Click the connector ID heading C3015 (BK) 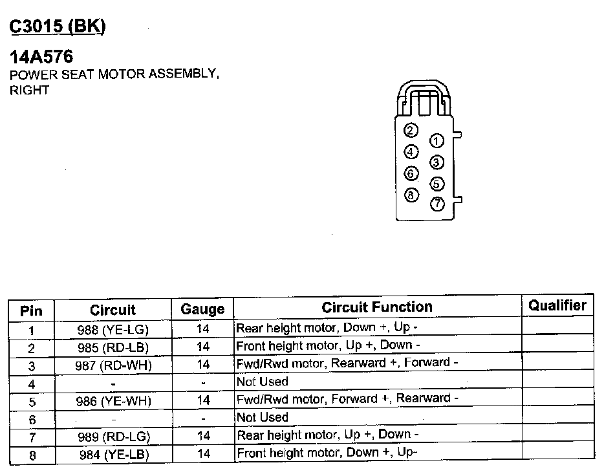(57, 27)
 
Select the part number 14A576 (41, 57)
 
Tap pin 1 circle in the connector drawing (437, 141)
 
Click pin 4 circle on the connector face (411, 152)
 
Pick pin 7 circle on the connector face (437, 204)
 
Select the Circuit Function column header (377, 307)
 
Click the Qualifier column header (557, 306)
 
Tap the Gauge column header (202, 309)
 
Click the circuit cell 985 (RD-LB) (113, 347)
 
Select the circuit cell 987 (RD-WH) (113, 365)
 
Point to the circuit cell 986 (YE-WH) (113, 401)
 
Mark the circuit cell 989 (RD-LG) (113, 438)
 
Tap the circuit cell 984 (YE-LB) (113, 455)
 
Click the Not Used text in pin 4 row (263, 382)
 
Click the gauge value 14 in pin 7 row (203, 436)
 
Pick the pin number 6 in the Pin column (31, 419)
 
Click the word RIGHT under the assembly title (29, 91)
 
